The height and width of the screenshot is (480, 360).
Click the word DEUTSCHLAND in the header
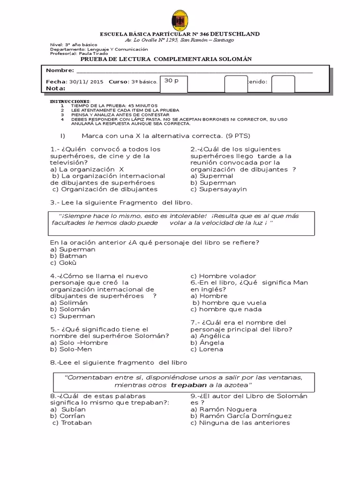(236, 34)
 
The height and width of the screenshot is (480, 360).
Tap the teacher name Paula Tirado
(97, 53)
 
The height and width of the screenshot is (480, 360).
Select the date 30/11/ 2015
(86, 82)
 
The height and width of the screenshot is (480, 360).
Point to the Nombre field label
(60, 70)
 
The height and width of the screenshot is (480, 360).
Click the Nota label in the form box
(55, 88)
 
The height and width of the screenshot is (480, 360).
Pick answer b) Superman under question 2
(213, 183)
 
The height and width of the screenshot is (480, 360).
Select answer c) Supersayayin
(218, 189)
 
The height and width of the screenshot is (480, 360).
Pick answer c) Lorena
(207, 349)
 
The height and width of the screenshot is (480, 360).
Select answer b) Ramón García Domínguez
(241, 416)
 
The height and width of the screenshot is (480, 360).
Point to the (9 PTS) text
(238, 136)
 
